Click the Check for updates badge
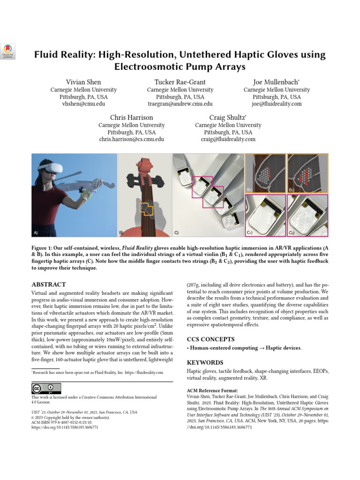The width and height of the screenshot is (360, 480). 9,51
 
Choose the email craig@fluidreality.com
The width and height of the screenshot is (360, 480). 228,139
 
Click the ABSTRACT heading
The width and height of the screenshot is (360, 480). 49,285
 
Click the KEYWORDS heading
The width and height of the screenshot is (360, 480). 205,362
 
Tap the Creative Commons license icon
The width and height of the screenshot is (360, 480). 46,388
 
